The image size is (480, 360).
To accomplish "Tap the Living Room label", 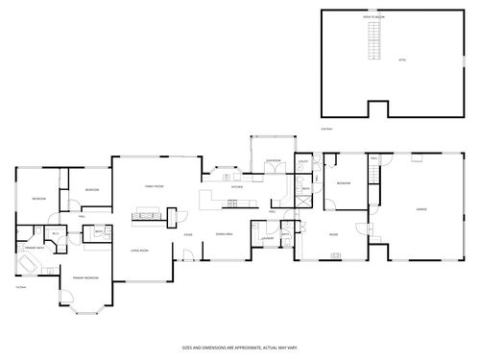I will point(137,250).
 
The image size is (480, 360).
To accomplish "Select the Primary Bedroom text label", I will point(84,277).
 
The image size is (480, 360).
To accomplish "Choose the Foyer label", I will point(188,234).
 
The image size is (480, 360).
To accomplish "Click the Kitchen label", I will point(236,186).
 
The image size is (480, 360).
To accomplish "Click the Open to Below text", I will point(374,16).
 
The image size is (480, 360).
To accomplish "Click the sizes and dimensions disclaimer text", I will point(239,349).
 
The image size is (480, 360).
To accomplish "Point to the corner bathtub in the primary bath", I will point(24,264).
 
